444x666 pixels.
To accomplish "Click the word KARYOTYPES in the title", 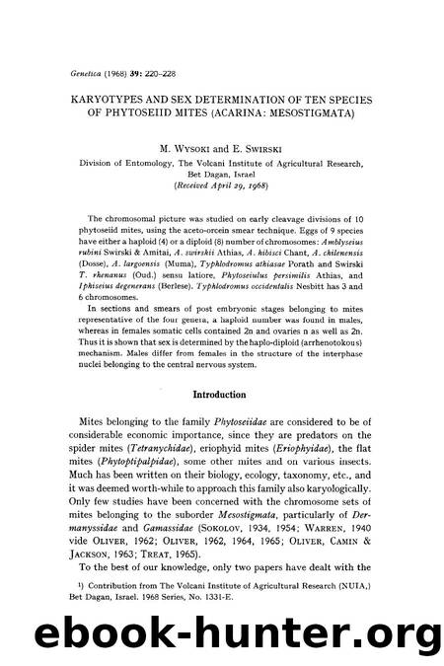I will pos(100,70).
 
